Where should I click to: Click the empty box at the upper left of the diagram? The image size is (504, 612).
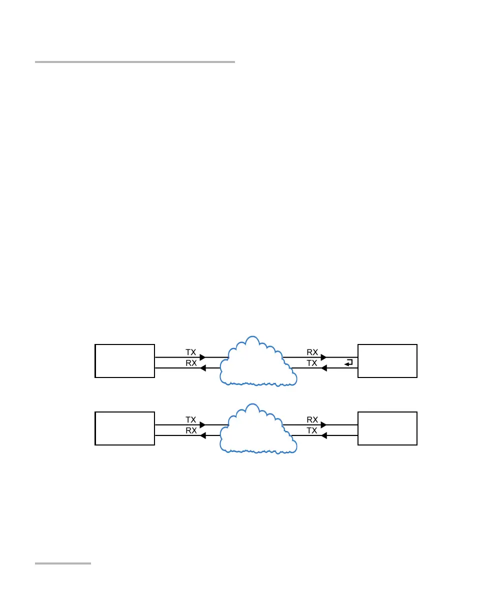(x=124, y=360)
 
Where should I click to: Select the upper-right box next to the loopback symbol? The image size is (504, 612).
(x=387, y=360)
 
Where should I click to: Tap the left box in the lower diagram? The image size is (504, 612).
(x=124, y=428)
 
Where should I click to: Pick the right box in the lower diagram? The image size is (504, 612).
(x=387, y=428)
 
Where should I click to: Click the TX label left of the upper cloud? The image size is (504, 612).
(x=190, y=352)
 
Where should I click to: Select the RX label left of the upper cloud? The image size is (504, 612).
(x=190, y=363)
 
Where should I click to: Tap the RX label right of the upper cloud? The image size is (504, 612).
(x=312, y=352)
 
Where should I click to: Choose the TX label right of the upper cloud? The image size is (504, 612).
(x=312, y=363)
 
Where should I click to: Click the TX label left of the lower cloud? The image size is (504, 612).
(x=190, y=419)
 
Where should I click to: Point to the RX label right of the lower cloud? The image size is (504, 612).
(x=312, y=419)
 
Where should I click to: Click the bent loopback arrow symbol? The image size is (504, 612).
(x=349, y=362)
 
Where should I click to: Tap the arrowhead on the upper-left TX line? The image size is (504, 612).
(x=202, y=357)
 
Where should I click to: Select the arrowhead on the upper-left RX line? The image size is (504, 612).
(x=202, y=368)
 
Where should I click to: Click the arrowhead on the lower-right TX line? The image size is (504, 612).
(x=324, y=436)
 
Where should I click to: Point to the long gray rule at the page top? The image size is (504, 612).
(x=135, y=62)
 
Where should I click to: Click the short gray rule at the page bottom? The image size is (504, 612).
(x=63, y=564)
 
